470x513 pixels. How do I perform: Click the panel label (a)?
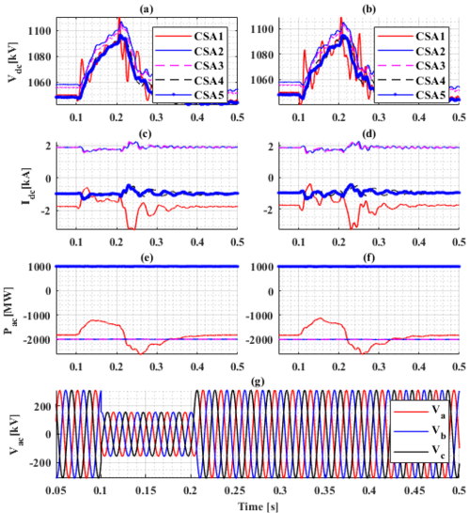coord(147,8)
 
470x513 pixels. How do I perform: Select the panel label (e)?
coord(147,256)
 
